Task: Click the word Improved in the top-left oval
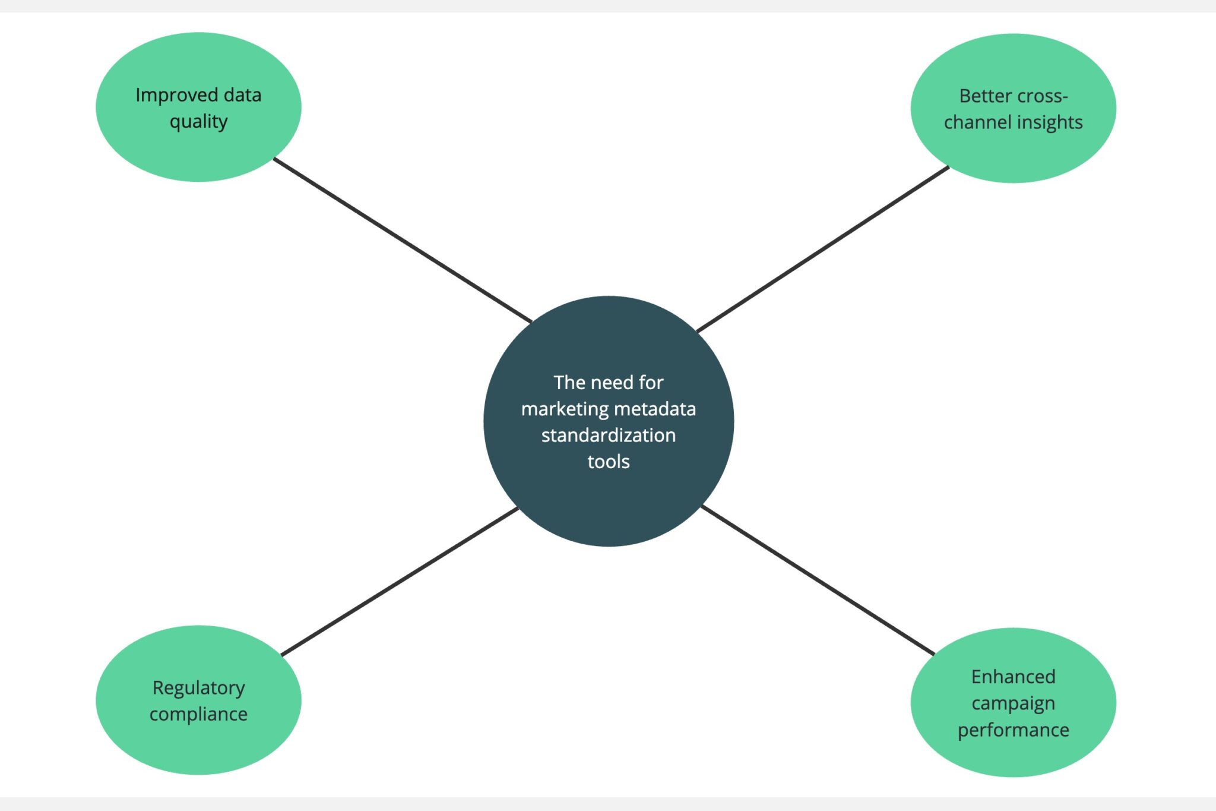176,95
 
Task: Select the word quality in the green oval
198,122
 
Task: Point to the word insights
1050,122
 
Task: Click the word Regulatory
198,688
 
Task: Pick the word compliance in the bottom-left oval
198,714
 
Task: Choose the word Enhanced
1013,677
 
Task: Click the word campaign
1013,703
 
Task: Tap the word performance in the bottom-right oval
1013,730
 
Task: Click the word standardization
608,436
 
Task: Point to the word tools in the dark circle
608,462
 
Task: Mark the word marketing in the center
565,409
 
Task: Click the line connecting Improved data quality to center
403,241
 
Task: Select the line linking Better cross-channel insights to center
822,250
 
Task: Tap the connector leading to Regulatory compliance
400,582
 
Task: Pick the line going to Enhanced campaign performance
818,580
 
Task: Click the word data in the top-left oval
242,95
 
